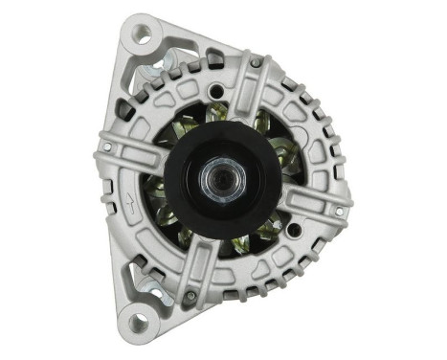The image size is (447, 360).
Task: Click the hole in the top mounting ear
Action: pyautogui.click(x=143, y=34)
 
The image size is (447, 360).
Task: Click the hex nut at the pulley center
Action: pyautogui.click(x=211, y=178)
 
